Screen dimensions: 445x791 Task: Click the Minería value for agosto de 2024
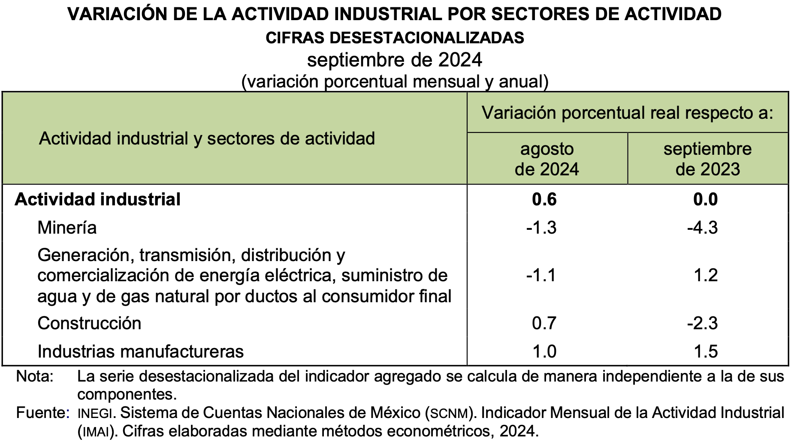[x=541, y=228]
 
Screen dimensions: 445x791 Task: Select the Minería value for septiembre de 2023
[x=702, y=228]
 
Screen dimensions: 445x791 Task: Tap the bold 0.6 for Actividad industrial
[x=544, y=199]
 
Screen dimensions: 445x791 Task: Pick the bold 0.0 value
[x=705, y=199]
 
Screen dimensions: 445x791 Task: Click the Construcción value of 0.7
[x=544, y=323]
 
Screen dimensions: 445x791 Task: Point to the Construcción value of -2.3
[x=702, y=323]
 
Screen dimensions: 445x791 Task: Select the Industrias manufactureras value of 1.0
[x=544, y=352]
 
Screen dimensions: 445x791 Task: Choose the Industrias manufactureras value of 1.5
[x=706, y=352]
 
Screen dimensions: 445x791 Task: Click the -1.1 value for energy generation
[x=541, y=275]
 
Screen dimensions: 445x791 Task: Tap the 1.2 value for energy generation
[x=706, y=275]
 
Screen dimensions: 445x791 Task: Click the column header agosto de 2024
[x=546, y=159]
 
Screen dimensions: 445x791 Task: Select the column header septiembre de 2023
[x=707, y=159]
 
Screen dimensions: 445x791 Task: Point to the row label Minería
[x=67, y=228]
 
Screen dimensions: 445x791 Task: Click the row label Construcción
[x=89, y=323]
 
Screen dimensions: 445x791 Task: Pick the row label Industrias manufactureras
[x=140, y=352]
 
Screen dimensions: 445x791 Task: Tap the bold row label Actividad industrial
[x=97, y=199]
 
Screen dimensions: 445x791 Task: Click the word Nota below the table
[x=35, y=376]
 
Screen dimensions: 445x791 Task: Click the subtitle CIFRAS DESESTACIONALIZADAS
[x=395, y=38]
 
